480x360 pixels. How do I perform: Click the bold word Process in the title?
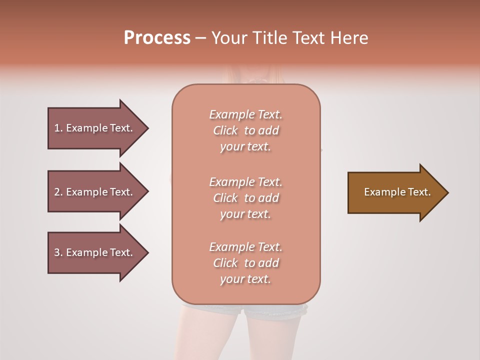[x=157, y=38]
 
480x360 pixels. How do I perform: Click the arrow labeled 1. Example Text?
[x=95, y=128]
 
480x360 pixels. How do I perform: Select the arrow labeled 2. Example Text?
[x=95, y=192]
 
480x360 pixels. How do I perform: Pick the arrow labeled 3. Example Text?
[x=95, y=252]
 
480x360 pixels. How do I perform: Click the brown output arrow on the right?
[x=395, y=192]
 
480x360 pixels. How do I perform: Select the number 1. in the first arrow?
[x=58, y=128]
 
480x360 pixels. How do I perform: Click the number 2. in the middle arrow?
[x=58, y=192]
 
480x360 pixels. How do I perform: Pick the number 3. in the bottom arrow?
[x=58, y=252]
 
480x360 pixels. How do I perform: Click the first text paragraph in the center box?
[x=245, y=130]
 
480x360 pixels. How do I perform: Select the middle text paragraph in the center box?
[x=245, y=198]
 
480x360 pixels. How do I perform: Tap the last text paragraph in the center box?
[x=245, y=263]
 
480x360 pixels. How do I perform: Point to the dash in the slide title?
[x=200, y=38]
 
